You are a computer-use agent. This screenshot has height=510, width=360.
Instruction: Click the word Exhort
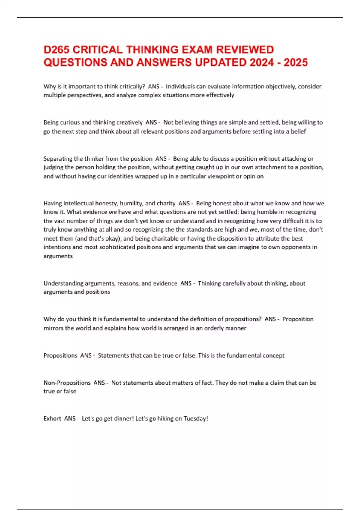52,418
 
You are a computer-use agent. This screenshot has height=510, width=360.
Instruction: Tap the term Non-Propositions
67,383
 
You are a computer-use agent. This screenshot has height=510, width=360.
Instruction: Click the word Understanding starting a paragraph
63,283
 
